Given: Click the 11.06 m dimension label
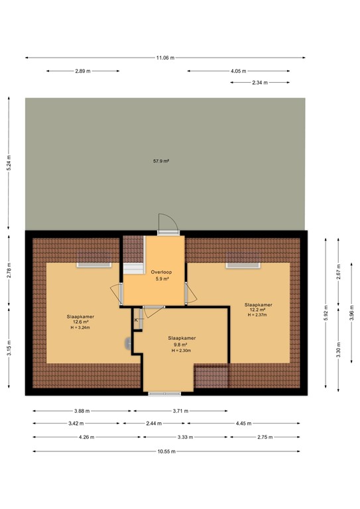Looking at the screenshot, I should [x=165, y=58].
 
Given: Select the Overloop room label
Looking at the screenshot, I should [x=161, y=272].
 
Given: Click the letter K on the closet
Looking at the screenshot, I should [x=137, y=320].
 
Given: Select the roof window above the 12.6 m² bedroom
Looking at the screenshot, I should [x=94, y=264].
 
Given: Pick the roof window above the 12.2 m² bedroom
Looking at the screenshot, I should [x=243, y=264].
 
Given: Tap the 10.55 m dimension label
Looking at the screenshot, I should [x=165, y=452].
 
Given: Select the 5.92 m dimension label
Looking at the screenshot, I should [x=326, y=315].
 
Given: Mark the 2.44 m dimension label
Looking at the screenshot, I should [x=153, y=424].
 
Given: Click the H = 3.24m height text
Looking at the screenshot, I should [x=80, y=328].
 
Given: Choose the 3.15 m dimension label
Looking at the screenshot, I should [x=9, y=345].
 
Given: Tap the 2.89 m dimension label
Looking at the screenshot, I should [x=83, y=71].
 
